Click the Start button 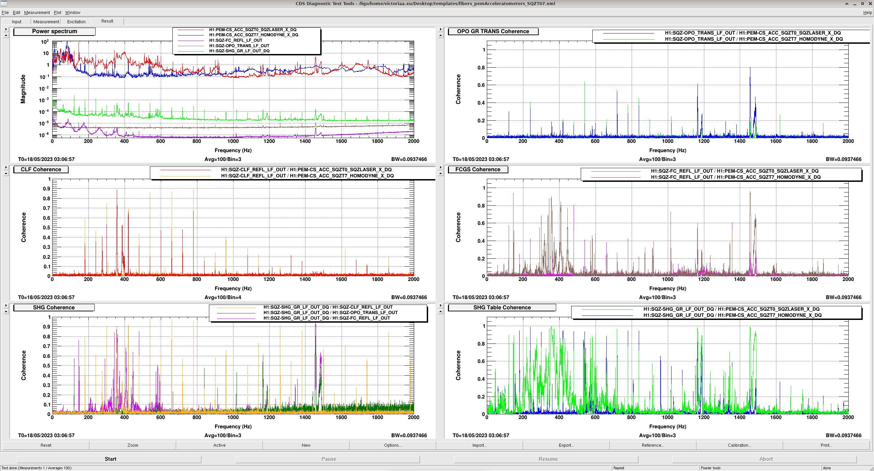(110, 459)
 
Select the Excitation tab (76, 22)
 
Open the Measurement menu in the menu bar (37, 13)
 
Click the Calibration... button (739, 445)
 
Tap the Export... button (566, 445)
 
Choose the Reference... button (653, 445)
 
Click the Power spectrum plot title (55, 31)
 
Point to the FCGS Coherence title (478, 170)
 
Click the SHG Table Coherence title (502, 308)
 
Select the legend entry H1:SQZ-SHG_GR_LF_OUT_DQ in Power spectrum (239, 51)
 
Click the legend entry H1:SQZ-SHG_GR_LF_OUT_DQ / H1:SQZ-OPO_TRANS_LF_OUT (330, 313)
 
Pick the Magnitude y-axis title (23, 89)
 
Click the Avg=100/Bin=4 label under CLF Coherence (223, 297)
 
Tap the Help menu (868, 13)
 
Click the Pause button (328, 459)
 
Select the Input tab (16, 22)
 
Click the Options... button (393, 445)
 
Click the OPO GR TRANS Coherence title (493, 31)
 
